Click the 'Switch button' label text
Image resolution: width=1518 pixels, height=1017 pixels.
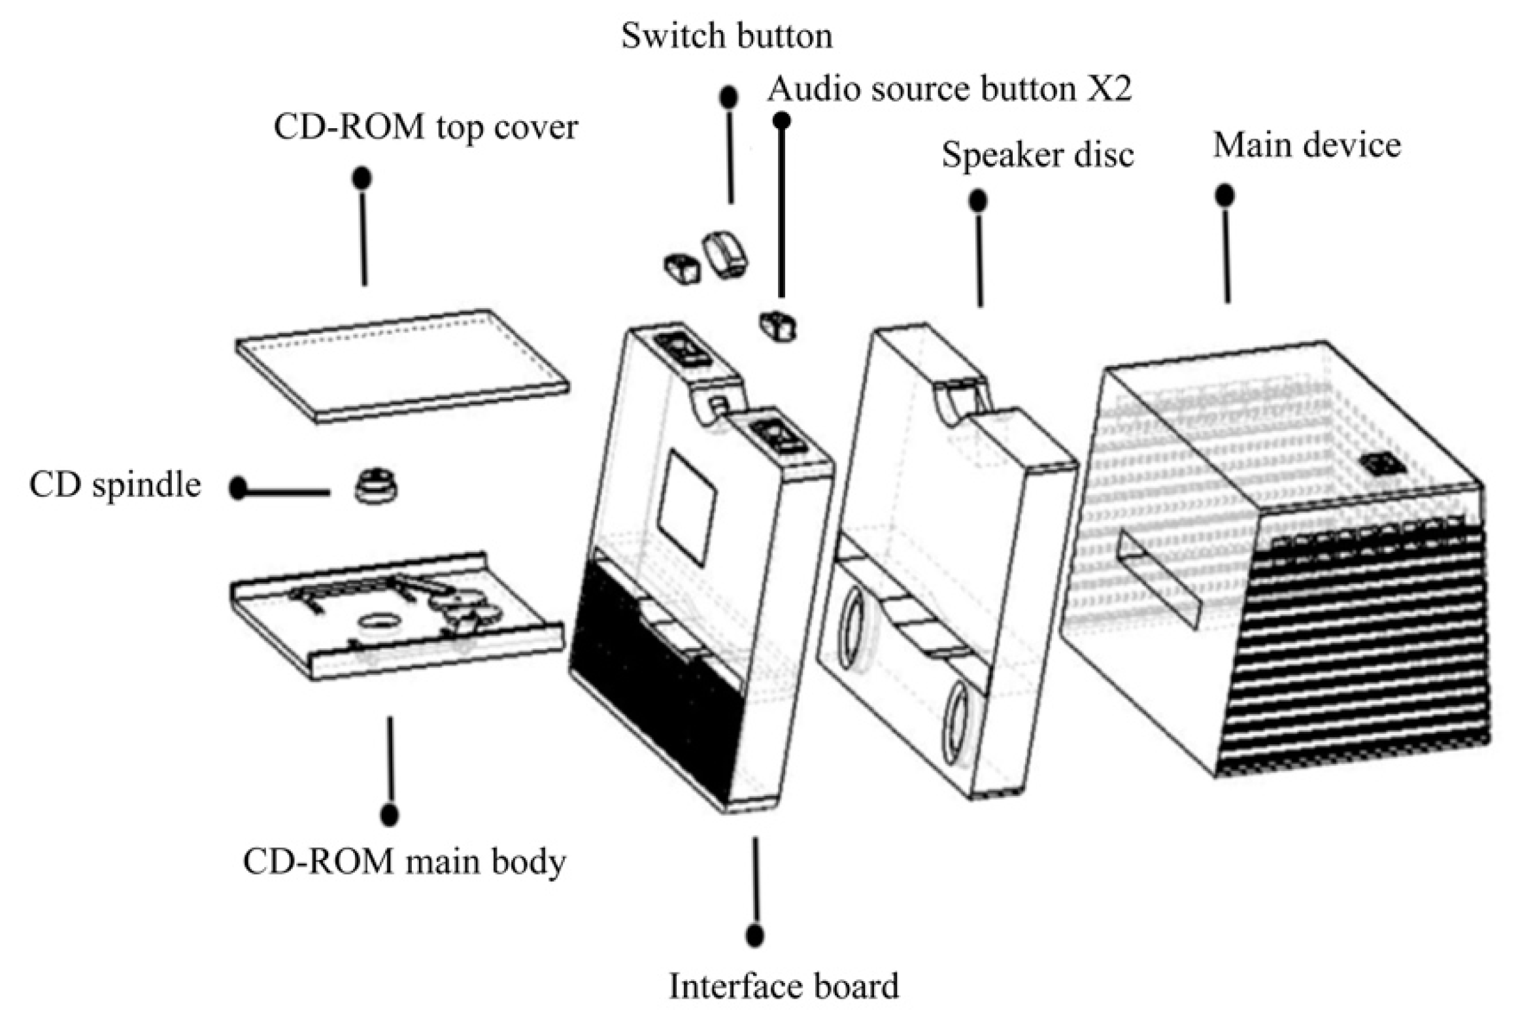[726, 36]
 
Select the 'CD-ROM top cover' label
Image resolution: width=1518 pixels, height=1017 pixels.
[426, 127]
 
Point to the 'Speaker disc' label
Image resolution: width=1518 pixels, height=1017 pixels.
[1037, 155]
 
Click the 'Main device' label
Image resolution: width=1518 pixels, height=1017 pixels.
[1307, 145]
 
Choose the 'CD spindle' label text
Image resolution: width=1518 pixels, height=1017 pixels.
[115, 485]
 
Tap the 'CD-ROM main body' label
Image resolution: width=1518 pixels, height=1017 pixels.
[404, 862]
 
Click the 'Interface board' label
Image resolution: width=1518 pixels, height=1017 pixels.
[783, 986]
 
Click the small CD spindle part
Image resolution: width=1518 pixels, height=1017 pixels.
[375, 486]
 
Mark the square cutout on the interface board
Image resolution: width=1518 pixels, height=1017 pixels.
[686, 507]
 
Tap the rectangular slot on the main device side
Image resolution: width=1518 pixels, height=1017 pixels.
[1157, 579]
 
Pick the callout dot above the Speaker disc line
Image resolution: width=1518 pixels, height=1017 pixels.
[977, 201]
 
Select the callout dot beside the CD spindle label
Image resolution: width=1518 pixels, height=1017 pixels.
[238, 489]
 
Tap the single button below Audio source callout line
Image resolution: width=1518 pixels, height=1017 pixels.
[777, 325]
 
